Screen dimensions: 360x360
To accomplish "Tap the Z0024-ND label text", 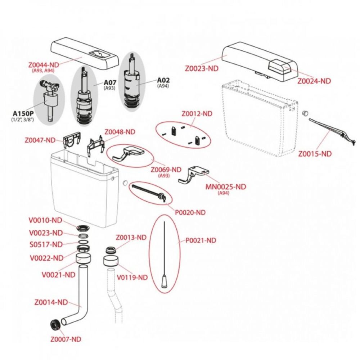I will click(314, 81).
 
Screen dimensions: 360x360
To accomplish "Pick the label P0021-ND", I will click(201, 240).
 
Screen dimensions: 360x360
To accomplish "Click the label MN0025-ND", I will click(226, 187).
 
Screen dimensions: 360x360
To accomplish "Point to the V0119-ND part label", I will click(132, 278).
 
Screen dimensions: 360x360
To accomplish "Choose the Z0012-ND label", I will click(197, 114).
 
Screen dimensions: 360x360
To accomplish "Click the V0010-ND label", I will click(46, 220).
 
